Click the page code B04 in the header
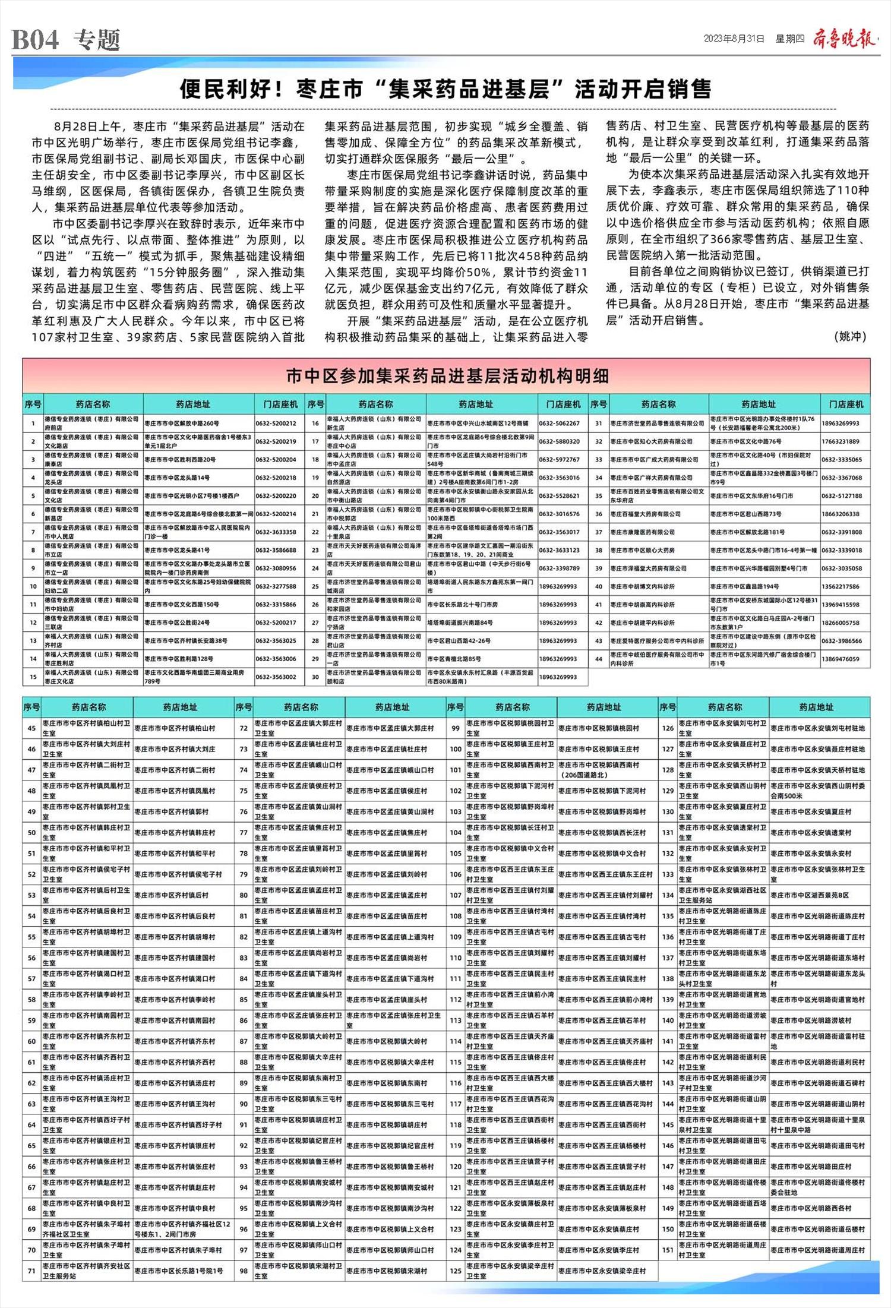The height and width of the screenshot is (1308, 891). [x=36, y=40]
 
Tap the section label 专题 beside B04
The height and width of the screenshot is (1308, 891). [x=97, y=40]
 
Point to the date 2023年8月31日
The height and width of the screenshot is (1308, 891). [x=734, y=39]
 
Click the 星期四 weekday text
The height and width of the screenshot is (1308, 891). [x=789, y=39]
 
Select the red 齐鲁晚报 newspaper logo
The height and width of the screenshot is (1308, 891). [x=843, y=39]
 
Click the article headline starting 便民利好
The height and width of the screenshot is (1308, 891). [x=445, y=90]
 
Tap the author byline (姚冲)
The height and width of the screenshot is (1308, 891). [x=851, y=336]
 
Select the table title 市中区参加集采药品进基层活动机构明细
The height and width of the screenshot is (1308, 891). [x=447, y=376]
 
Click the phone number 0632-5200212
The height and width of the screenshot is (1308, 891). [x=276, y=424]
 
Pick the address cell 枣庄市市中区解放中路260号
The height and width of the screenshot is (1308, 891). [x=182, y=424]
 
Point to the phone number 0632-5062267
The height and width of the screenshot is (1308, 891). [x=559, y=424]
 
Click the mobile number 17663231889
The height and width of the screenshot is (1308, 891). [x=841, y=441]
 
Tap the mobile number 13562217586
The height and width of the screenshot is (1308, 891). [x=841, y=586]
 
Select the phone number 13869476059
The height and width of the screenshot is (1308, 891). [x=841, y=659]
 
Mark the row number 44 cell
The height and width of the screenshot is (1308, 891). [x=598, y=659]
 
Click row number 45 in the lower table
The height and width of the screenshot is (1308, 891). [x=31, y=728]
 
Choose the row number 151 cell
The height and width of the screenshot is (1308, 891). [x=668, y=1250]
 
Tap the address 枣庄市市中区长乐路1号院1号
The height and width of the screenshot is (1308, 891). [x=179, y=1271]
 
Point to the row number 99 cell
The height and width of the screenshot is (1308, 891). [x=456, y=728]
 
